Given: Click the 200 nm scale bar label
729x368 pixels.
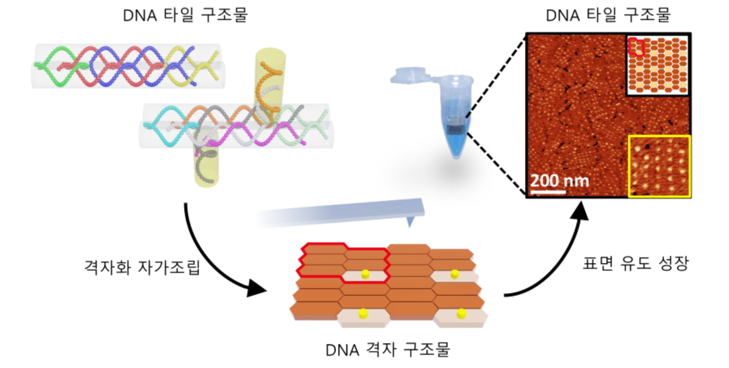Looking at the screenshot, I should point(559,180).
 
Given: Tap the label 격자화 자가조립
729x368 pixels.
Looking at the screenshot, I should point(142,267).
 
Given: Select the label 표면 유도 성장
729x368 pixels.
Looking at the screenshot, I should point(635,263).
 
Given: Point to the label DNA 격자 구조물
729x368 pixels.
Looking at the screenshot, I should point(388,349).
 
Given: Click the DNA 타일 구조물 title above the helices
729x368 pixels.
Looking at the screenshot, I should point(185,15).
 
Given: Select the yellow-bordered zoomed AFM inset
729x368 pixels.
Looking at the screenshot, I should point(659,166).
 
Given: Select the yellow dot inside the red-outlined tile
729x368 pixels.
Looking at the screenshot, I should point(365,274).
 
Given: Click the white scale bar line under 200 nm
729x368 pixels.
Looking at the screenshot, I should point(548,191).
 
